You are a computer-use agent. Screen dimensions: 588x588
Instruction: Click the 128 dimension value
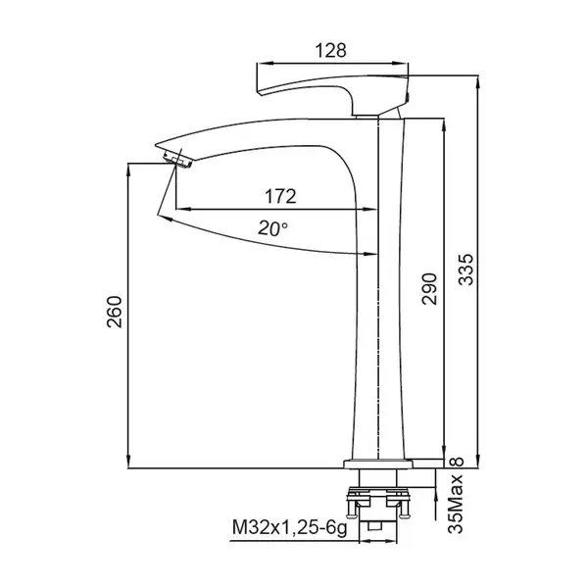click(x=331, y=51)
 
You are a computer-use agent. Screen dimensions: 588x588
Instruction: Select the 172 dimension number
click(x=280, y=196)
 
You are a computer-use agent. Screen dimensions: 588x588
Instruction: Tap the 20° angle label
click(x=273, y=228)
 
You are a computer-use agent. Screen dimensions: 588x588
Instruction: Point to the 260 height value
click(x=115, y=312)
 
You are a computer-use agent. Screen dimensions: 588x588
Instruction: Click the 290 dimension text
click(x=429, y=289)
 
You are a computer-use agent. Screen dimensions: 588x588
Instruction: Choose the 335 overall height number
click(x=466, y=269)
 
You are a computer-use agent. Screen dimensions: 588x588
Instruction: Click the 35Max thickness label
click(x=456, y=504)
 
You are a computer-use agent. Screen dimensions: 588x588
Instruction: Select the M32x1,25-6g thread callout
click(x=289, y=528)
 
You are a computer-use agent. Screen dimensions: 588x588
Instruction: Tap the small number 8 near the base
click(x=459, y=462)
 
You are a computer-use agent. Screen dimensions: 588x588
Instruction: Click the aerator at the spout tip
click(x=177, y=159)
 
